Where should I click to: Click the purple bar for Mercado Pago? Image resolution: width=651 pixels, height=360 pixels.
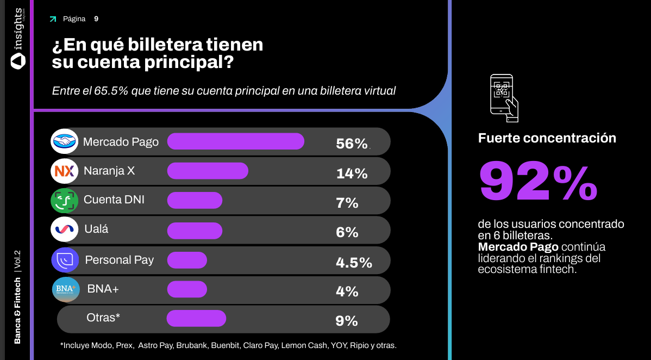(235, 141)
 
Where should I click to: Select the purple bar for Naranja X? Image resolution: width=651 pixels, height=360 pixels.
(208, 171)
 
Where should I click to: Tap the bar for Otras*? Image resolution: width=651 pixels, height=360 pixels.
(196, 319)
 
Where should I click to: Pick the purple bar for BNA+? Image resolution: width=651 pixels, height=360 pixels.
(187, 289)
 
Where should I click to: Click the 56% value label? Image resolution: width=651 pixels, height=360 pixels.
(352, 144)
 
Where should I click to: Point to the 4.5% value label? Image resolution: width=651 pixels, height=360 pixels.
(354, 263)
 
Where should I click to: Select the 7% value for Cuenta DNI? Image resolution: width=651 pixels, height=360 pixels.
(347, 203)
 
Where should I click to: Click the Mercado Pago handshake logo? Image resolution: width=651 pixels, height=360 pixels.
(65, 141)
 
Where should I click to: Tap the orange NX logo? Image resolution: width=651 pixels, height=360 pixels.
(65, 171)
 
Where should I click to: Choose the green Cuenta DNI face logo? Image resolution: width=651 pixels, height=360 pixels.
(65, 200)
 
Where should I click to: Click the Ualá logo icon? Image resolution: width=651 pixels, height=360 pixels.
(65, 229)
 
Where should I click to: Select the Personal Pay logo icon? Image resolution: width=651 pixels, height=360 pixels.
(65, 259)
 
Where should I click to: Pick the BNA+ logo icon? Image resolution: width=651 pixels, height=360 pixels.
(66, 289)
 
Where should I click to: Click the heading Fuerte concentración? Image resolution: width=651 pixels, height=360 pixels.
(547, 138)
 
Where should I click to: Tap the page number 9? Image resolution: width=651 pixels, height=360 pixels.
(96, 18)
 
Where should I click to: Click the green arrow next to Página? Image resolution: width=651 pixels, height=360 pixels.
(53, 19)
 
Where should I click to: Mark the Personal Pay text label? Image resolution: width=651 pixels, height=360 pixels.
(119, 260)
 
